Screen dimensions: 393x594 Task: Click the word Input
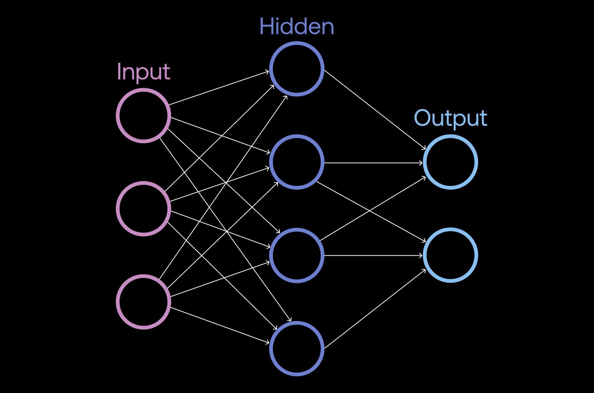(143, 72)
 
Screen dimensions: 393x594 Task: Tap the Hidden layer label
(297, 27)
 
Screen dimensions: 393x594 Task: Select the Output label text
(450, 118)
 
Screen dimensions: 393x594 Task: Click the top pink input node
(144, 115)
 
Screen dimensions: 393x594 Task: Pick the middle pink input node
(144, 209)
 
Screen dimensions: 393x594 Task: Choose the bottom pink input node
(144, 302)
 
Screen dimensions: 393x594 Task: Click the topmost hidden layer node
(297, 69)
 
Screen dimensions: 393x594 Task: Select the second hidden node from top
(297, 162)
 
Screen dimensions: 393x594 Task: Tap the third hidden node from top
(297, 255)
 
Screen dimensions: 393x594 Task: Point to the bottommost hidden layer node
(297, 348)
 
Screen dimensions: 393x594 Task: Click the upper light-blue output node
(450, 162)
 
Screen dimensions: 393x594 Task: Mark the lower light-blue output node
(450, 255)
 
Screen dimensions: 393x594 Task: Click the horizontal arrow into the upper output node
(373, 163)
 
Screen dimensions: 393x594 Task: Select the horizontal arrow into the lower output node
(373, 256)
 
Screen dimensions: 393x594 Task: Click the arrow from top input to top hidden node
(219, 88)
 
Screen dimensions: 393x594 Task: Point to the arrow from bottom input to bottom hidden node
(219, 325)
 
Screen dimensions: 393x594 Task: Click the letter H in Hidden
(266, 27)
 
